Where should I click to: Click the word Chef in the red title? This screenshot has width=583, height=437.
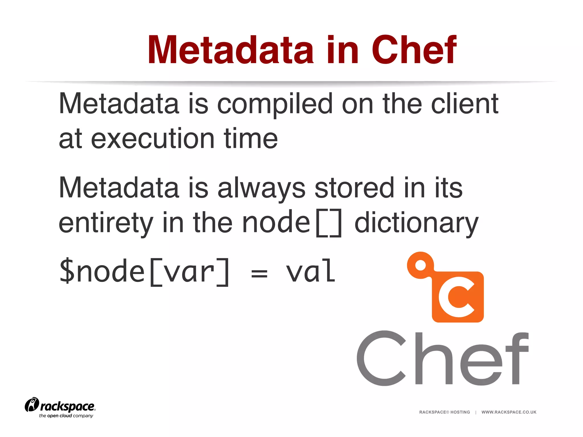tap(414, 50)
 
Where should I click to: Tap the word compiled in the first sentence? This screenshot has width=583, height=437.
tap(275, 105)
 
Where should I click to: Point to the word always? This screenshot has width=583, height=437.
tap(261, 189)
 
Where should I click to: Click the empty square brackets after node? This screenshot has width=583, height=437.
tap(329, 223)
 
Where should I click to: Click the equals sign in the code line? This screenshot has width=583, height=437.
tap(259, 274)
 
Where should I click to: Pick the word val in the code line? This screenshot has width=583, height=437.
tap(311, 272)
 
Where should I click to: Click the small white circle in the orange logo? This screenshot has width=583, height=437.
tap(420, 265)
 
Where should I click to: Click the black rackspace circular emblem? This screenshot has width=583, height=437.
tap(32, 405)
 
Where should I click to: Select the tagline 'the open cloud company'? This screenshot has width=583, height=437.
tap(66, 416)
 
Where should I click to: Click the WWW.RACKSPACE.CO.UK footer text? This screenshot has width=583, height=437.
tap(509, 412)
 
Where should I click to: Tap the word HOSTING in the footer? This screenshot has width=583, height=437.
tap(460, 412)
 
